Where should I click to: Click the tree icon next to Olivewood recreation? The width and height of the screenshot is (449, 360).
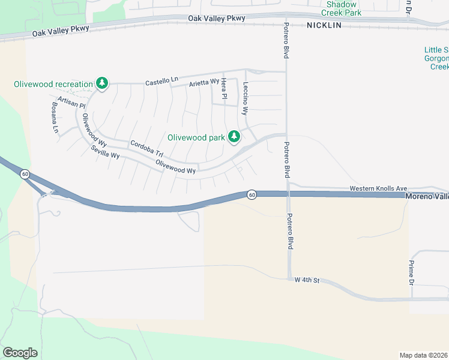102,84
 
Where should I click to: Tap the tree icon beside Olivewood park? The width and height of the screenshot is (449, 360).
234,138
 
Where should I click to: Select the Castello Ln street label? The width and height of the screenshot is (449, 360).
162,80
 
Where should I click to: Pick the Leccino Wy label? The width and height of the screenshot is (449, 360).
245,98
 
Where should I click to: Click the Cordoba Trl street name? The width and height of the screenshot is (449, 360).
146,148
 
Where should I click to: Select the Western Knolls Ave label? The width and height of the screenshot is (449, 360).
378,188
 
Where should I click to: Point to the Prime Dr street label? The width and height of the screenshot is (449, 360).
412,272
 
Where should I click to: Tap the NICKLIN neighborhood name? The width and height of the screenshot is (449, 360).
324,25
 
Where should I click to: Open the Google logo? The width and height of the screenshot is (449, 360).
20,353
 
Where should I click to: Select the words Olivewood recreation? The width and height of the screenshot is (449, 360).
53,84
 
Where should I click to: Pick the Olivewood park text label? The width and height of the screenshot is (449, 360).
196,137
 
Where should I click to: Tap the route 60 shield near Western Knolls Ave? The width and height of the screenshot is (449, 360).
252,194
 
